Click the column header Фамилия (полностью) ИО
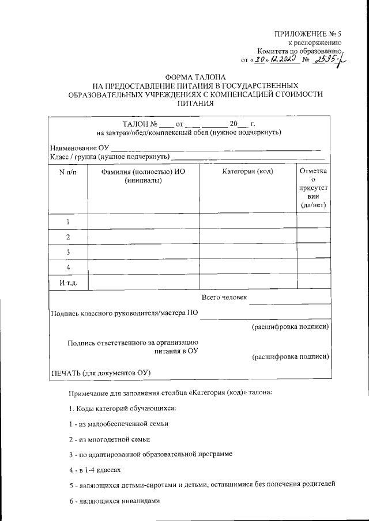[x=142, y=171]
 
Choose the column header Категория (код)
[x=248, y=171]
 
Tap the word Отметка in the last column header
[x=314, y=171]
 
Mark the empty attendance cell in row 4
[x=314, y=268]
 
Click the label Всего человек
[x=224, y=298]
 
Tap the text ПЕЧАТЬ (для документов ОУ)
[x=101, y=372]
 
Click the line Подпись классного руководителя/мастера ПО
[x=125, y=314]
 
